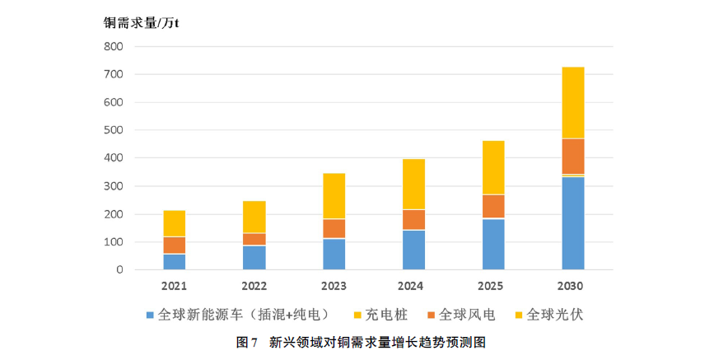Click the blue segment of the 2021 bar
click(x=174, y=261)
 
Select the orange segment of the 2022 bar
click(x=254, y=239)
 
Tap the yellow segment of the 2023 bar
click(x=334, y=195)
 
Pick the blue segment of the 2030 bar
click(x=573, y=223)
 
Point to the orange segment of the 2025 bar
click(x=493, y=206)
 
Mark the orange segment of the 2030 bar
click(x=573, y=157)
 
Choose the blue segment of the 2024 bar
click(x=413, y=250)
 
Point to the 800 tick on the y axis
click(x=114, y=47)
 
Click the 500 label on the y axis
click(x=114, y=131)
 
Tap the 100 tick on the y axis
click(x=114, y=242)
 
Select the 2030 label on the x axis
click(x=570, y=286)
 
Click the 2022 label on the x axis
click(x=253, y=286)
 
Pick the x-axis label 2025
click(x=492, y=286)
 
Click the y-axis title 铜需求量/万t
click(x=141, y=22)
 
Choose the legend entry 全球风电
click(x=464, y=315)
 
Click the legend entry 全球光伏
click(x=553, y=315)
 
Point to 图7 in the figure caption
click(x=247, y=342)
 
